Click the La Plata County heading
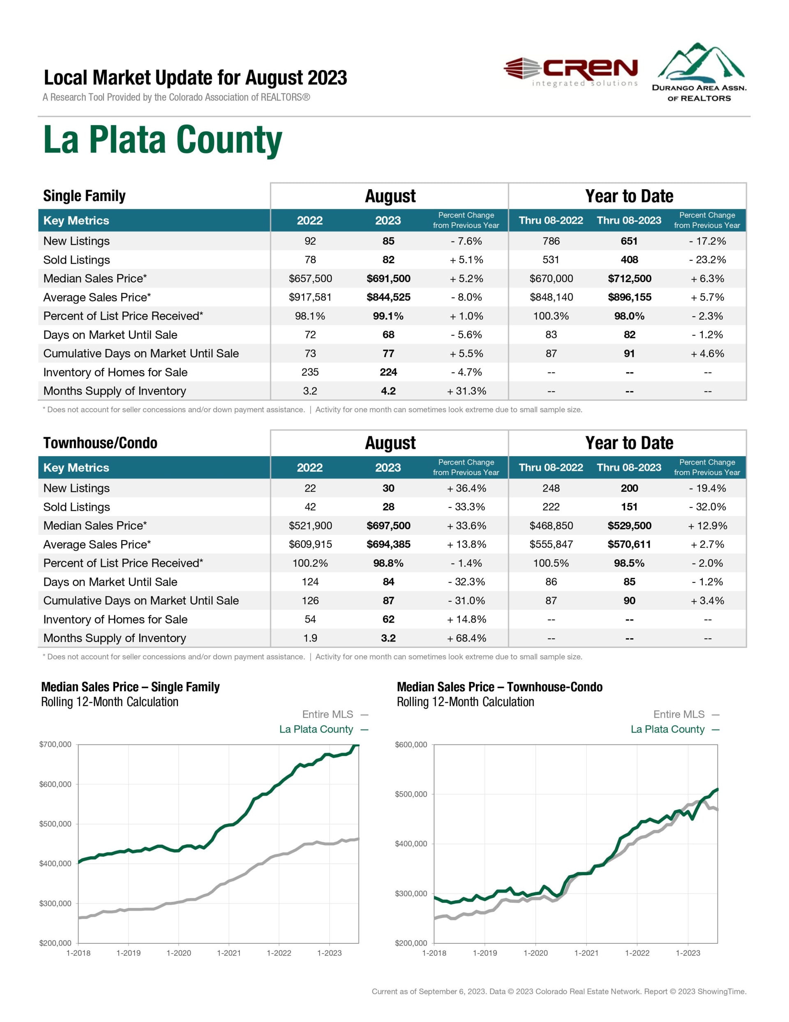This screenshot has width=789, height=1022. click(x=162, y=140)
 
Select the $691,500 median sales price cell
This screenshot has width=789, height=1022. click(x=388, y=278)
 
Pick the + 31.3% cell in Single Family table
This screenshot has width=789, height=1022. click(x=466, y=391)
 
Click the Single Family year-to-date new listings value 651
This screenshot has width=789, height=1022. click(x=629, y=241)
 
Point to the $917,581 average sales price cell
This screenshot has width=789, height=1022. click(x=310, y=297)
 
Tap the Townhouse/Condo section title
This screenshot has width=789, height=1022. click(x=100, y=443)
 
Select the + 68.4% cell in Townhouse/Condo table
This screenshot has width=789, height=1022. click(x=466, y=638)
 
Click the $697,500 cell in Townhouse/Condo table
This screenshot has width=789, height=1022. click(x=388, y=526)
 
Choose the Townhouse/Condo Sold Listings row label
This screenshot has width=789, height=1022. click(x=77, y=507)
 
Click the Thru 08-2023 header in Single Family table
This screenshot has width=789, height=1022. click(x=629, y=220)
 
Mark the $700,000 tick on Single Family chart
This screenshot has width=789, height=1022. click(x=55, y=744)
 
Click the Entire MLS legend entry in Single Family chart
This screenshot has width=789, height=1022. click(x=328, y=714)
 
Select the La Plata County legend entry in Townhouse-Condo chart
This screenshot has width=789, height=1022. click(x=667, y=729)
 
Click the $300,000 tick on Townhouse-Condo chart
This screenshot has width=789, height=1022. click(x=411, y=893)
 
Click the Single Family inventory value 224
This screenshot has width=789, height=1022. click(x=388, y=372)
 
